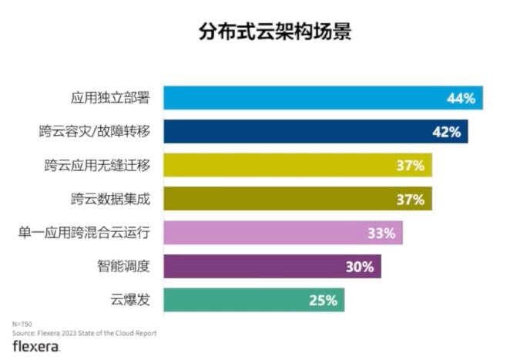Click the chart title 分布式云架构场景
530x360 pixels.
(x=264, y=33)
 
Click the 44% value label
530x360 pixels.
(x=461, y=99)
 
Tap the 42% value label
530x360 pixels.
(x=447, y=133)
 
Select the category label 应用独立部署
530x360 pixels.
(x=109, y=98)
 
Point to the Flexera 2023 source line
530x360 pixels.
(x=84, y=333)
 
